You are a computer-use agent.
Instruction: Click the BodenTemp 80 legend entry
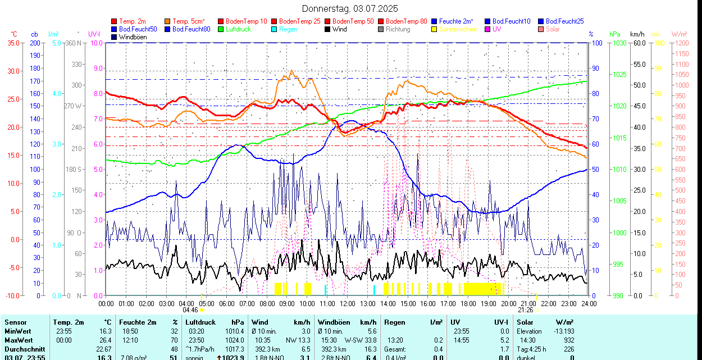407,21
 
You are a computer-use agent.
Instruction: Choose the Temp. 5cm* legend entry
189,21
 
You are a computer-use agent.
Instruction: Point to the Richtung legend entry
398,29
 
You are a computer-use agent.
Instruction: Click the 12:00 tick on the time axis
348,303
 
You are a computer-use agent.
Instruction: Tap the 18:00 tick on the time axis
468,303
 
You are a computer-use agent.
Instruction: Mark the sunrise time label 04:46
190,310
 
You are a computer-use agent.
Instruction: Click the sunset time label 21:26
525,310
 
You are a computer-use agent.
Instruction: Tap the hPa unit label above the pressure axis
615,34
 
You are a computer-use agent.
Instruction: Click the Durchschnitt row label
24,349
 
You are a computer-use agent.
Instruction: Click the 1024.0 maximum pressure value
235,340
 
